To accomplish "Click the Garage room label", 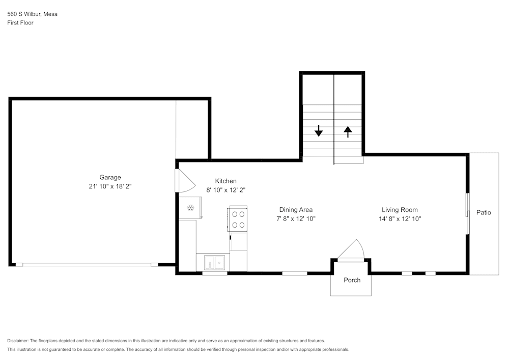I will tap(110, 177).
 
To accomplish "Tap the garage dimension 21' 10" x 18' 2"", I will tap(110, 186).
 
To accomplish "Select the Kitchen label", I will tap(225, 181).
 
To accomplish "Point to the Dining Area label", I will tap(296, 209).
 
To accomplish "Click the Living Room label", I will tap(400, 209).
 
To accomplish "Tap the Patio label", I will tap(484, 212).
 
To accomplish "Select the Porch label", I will tap(352, 280).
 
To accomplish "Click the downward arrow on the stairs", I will tap(319, 131).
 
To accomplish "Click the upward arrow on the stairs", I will tap(348, 132).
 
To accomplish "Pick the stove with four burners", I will tap(238, 219).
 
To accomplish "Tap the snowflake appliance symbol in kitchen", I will tap(191, 207).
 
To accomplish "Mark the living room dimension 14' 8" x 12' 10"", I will tap(400, 218).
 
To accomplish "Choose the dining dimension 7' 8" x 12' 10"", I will tap(296, 218).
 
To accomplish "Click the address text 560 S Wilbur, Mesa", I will tap(32, 14).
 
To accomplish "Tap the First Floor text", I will tap(20, 23).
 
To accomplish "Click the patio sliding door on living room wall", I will tap(467, 212).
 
